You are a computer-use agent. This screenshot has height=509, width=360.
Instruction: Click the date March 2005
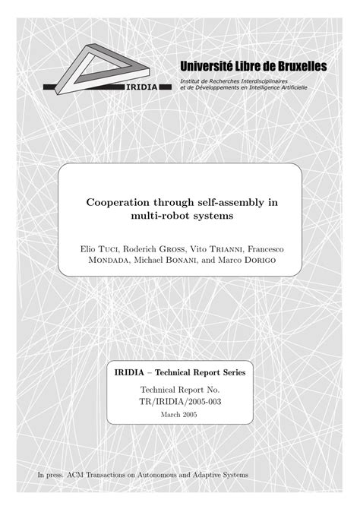coord(180,415)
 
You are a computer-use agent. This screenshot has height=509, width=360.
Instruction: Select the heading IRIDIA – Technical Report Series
coord(180,373)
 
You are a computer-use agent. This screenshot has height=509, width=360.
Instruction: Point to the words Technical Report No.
coord(180,389)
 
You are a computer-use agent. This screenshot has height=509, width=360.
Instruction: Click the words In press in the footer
coord(52,476)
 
